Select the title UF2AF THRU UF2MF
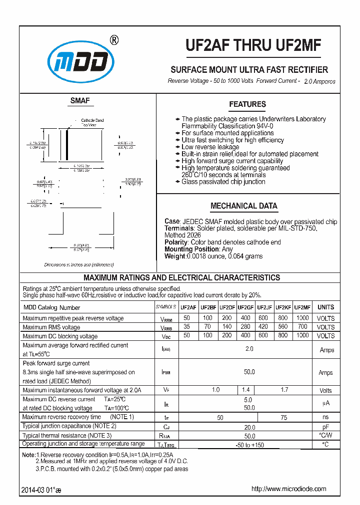(253, 46)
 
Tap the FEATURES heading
(247, 104)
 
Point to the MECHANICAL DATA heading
(244, 206)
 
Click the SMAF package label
(80, 101)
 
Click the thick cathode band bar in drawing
(67, 145)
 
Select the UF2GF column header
(245, 307)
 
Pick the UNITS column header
(325, 307)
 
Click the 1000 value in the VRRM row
(302, 318)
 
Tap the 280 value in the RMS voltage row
(245, 327)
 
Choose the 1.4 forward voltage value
(245, 389)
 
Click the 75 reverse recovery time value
(283, 417)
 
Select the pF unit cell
(325, 427)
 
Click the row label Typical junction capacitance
(69, 426)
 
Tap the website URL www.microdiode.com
(288, 489)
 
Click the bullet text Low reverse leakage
(210, 147)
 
